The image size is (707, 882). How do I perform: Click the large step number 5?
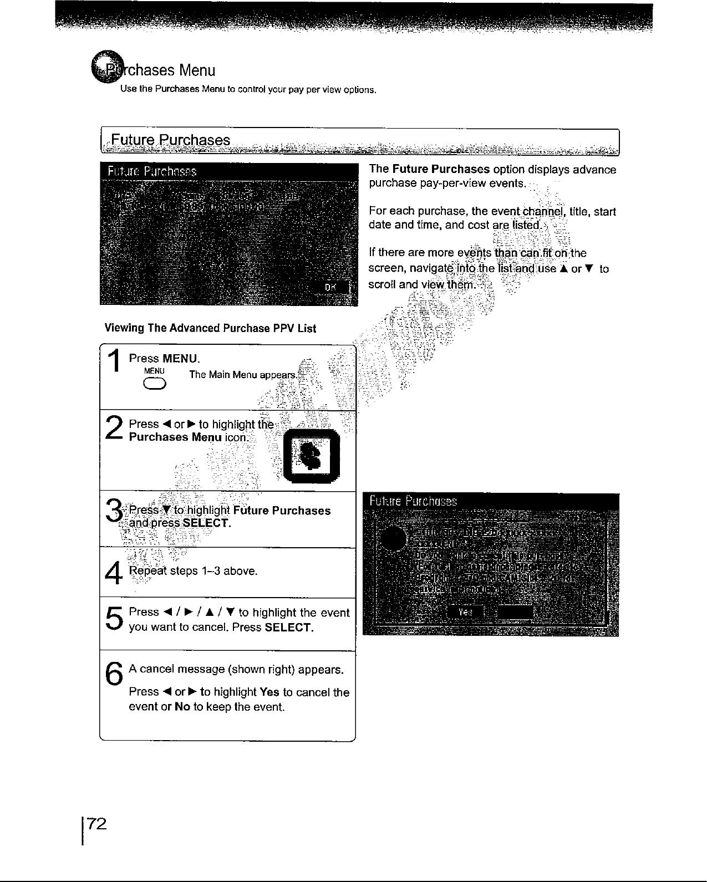[x=114, y=620]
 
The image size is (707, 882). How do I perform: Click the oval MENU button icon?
[x=154, y=386]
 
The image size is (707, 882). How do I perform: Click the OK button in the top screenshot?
[x=331, y=287]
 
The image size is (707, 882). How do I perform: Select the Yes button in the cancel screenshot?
[x=465, y=611]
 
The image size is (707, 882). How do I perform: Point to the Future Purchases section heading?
[x=171, y=140]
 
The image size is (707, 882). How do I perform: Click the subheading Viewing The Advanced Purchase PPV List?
[x=210, y=328]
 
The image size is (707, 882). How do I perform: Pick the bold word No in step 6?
[x=182, y=707]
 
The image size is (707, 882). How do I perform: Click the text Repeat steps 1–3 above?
[x=193, y=571]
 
